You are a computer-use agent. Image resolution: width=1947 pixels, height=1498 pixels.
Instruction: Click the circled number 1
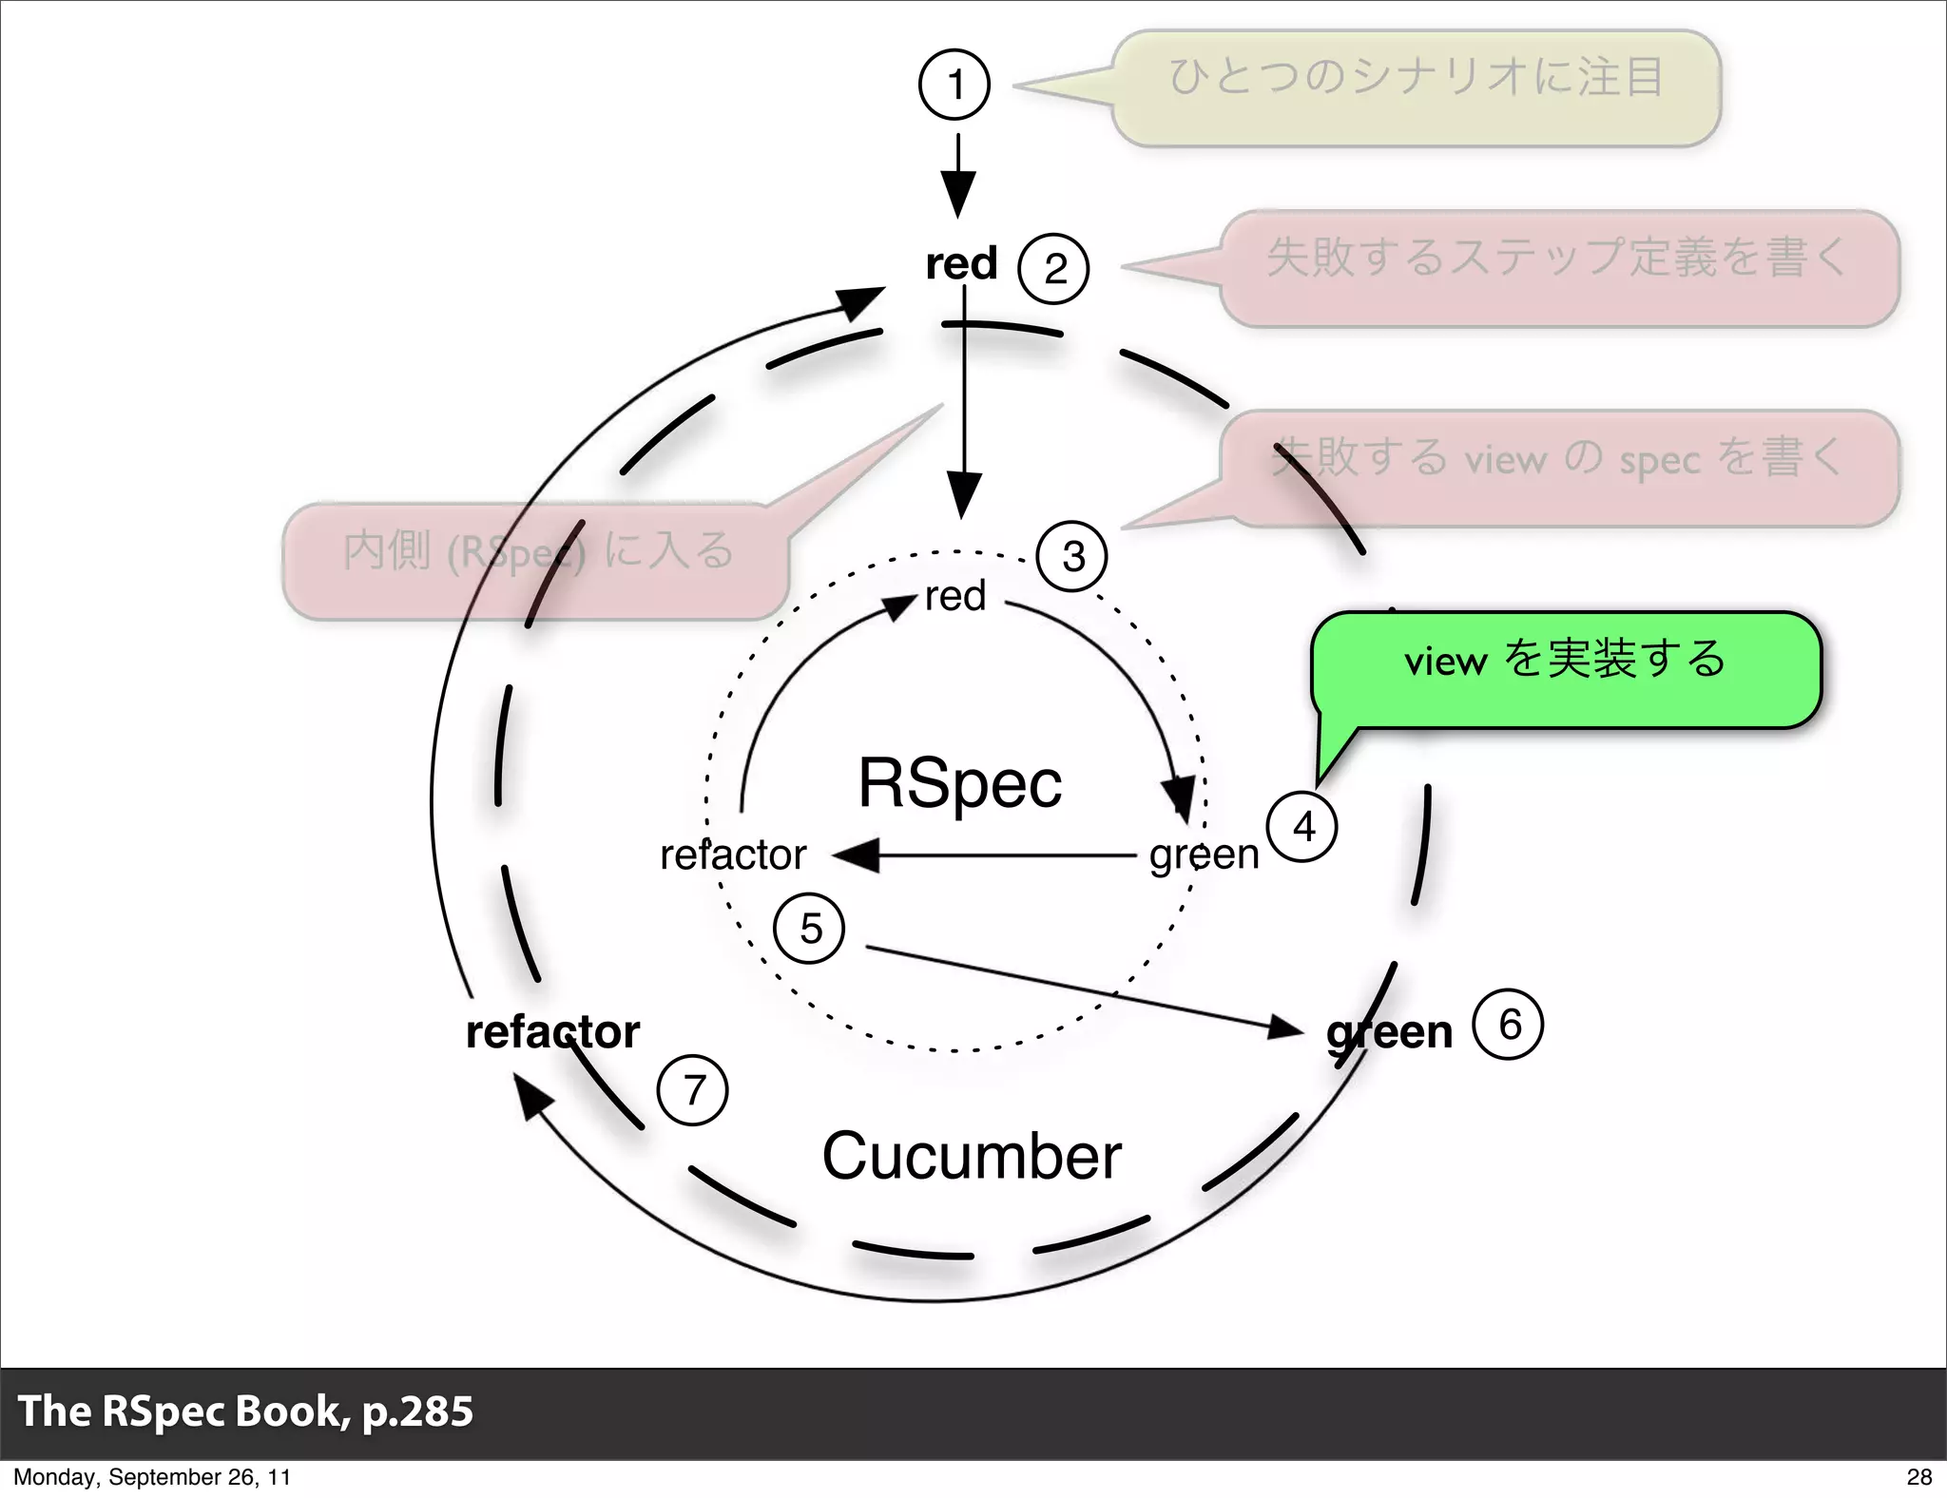(x=954, y=85)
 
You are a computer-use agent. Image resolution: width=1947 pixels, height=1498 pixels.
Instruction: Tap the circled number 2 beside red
(x=1053, y=268)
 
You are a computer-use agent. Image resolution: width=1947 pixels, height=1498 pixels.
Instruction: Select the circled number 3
(x=1072, y=556)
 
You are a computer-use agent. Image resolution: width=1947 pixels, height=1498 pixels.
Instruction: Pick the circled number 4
(x=1302, y=826)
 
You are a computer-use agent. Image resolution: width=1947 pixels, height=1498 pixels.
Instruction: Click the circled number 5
(x=810, y=928)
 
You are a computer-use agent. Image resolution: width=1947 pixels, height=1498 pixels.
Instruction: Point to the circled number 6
(x=1508, y=1025)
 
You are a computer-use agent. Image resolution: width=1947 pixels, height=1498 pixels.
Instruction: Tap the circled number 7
(x=693, y=1089)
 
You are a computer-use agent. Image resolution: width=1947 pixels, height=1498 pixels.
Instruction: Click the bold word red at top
(x=961, y=263)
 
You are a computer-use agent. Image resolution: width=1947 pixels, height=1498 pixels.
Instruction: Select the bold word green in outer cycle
(x=1389, y=1032)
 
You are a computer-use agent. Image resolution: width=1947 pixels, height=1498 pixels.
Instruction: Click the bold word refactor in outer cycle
(x=552, y=1032)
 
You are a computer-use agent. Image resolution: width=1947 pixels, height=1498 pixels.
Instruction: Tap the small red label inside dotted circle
(x=954, y=597)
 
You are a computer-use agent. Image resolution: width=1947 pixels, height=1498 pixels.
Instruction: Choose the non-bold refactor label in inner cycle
(x=733, y=855)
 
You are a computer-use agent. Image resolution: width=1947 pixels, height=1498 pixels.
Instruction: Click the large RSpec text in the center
(x=959, y=783)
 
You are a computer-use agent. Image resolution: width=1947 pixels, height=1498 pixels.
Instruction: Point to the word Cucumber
(x=972, y=1156)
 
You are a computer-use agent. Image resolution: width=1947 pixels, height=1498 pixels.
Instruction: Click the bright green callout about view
(x=1565, y=670)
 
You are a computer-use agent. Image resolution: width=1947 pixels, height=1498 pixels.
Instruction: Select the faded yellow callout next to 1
(x=1416, y=87)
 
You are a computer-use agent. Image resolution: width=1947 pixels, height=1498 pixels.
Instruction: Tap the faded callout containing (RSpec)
(x=535, y=561)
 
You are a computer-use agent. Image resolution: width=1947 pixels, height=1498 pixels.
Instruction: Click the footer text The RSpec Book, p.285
(x=245, y=1411)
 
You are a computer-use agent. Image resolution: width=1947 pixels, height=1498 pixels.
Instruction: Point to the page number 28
(x=1918, y=1476)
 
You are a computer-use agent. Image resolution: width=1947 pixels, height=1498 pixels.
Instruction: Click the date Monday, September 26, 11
(x=152, y=1476)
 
